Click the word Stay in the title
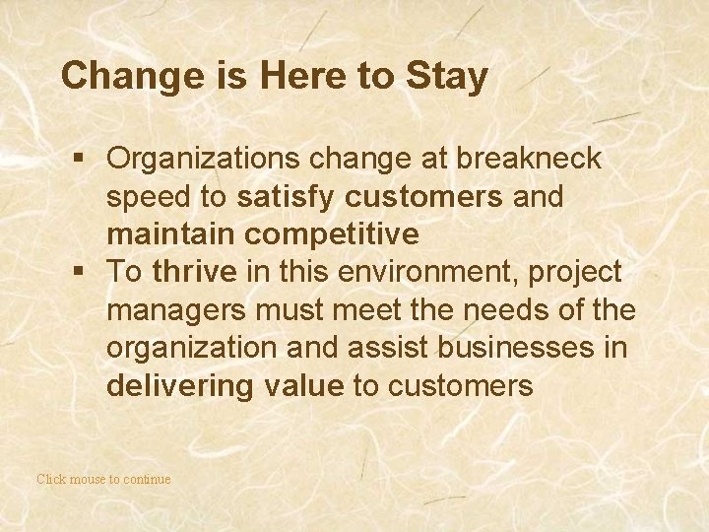(446, 77)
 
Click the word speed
(150, 197)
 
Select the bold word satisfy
(287, 197)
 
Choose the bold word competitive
(333, 234)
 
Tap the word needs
(499, 310)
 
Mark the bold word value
(305, 385)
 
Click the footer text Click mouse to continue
(103, 480)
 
